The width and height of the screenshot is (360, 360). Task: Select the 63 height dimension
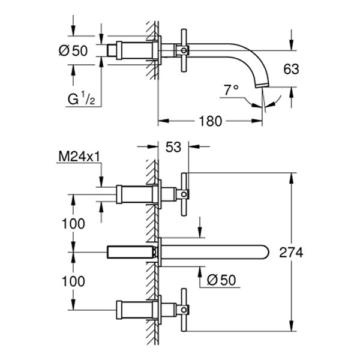point(291,70)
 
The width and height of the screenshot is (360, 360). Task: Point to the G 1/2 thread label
point(80,98)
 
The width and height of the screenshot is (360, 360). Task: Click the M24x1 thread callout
point(79,157)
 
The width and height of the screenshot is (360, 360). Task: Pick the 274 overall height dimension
point(291,252)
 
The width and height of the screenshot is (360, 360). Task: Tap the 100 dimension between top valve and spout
point(73,223)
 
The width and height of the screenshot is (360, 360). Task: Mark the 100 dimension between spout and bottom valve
point(73,280)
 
